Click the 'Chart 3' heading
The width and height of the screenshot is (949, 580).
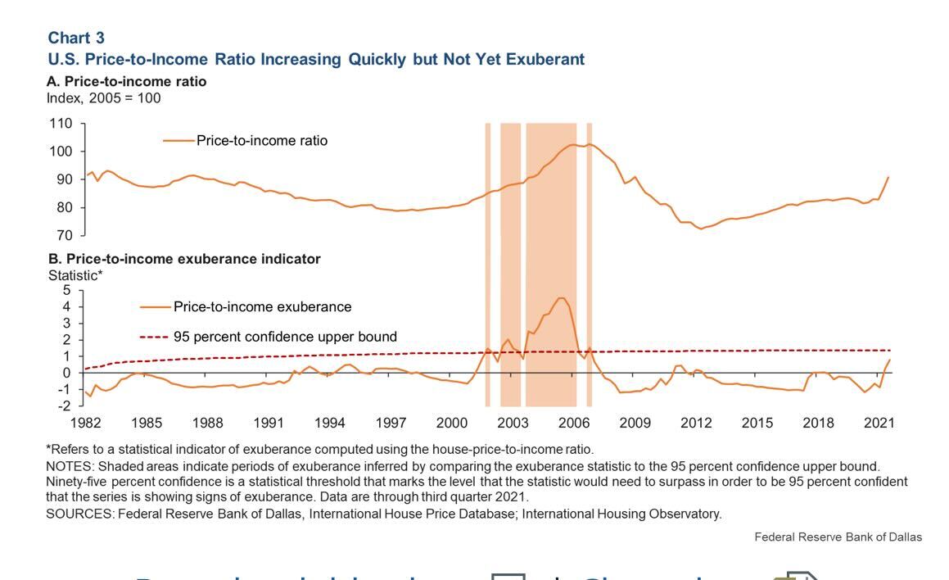[76, 38]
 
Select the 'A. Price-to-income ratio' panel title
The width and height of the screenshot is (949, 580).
[127, 81]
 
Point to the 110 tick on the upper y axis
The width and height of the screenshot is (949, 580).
[61, 124]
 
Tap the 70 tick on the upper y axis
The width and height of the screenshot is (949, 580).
[65, 236]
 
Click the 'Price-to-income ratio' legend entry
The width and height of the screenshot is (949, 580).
[261, 141]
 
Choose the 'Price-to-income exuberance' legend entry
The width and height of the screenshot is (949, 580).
[262, 307]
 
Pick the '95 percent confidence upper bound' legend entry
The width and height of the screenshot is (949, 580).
[285, 337]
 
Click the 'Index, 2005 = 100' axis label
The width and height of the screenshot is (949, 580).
[104, 98]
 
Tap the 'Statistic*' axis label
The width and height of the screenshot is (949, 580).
[75, 275]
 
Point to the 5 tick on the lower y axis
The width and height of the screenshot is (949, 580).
[67, 290]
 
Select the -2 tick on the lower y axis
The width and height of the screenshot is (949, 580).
[65, 406]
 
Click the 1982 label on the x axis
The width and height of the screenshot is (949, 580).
[86, 423]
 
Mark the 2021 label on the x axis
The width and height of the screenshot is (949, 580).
[879, 423]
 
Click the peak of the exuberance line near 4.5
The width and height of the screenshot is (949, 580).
[561, 298]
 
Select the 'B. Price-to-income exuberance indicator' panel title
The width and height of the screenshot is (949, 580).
[184, 259]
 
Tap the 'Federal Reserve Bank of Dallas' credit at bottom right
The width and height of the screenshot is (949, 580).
[838, 537]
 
